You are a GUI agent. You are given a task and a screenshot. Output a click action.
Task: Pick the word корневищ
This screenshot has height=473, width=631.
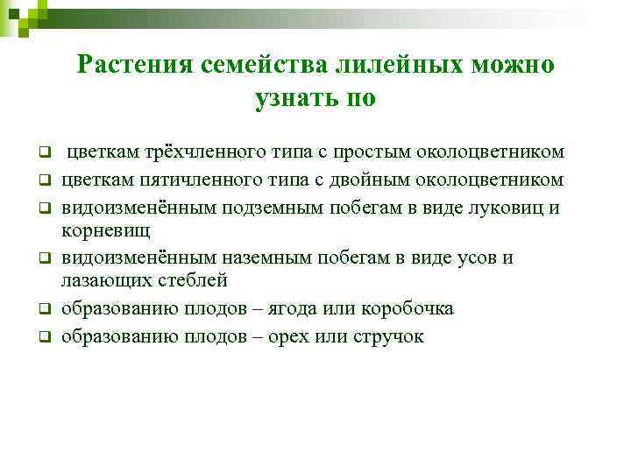click(105, 230)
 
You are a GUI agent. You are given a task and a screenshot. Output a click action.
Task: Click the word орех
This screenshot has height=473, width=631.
click(303, 336)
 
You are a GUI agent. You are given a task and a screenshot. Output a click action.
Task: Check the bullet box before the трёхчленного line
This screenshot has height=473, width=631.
click(40, 153)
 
